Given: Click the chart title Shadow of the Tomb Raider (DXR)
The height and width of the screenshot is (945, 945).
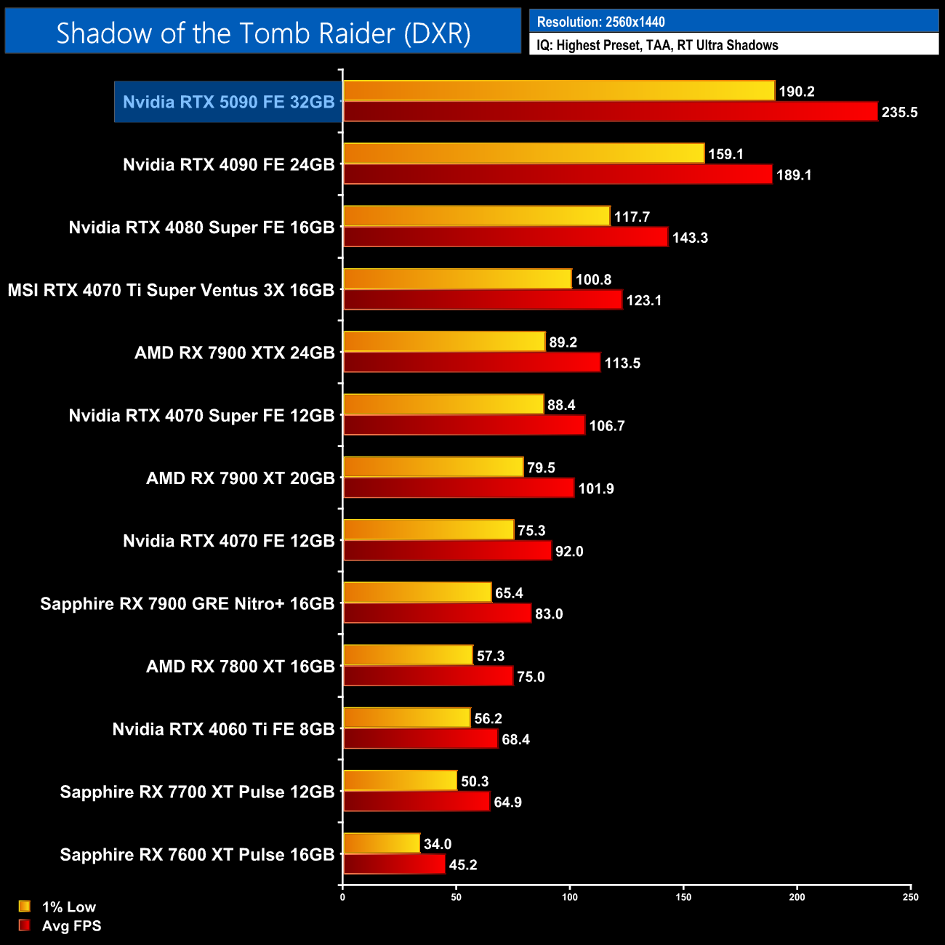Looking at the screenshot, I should click(x=263, y=33).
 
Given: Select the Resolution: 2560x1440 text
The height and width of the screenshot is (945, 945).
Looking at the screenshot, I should click(x=600, y=22).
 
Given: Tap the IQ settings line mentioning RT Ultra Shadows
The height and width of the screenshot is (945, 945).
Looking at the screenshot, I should click(x=657, y=45).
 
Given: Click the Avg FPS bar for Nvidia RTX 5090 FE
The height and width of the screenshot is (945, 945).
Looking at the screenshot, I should click(x=610, y=112).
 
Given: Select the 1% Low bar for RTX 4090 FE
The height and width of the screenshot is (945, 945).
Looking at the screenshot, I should click(x=523, y=153).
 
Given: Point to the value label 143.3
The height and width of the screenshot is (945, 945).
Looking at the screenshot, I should click(x=689, y=238).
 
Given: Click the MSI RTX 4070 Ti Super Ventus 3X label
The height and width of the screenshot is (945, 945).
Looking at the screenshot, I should click(x=171, y=290).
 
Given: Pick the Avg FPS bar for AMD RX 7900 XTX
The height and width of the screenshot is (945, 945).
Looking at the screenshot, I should click(x=472, y=363).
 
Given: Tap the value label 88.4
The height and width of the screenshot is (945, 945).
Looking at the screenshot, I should click(x=561, y=405).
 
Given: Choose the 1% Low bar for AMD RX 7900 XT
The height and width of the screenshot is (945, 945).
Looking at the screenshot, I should click(x=433, y=467).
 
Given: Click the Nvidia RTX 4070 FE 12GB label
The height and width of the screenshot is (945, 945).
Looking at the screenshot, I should click(x=228, y=541).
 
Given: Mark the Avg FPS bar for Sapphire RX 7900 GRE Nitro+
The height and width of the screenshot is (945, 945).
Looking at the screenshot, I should click(x=437, y=614).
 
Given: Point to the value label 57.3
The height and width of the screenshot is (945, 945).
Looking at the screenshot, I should click(x=490, y=656).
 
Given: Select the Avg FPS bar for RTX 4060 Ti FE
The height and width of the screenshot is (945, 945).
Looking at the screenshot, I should click(x=420, y=739).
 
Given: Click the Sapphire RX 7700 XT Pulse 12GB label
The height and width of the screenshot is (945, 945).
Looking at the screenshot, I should click(x=197, y=792).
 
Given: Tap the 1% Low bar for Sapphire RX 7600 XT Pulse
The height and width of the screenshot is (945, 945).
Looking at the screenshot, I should click(x=382, y=843).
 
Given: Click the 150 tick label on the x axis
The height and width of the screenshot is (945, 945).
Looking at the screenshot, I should click(x=683, y=897).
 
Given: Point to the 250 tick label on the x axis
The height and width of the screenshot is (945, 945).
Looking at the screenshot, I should click(x=910, y=897).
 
